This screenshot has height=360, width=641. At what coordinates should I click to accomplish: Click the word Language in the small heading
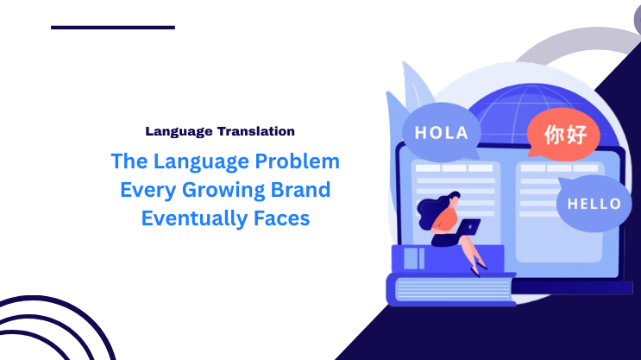tap(177, 131)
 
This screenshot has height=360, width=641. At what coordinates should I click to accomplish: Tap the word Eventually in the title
tap(187, 218)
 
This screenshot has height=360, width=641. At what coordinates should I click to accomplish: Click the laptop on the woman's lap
tap(467, 227)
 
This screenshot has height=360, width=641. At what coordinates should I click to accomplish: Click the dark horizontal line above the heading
tap(113, 28)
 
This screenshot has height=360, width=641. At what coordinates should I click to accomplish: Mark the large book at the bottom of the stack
tap(449, 289)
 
